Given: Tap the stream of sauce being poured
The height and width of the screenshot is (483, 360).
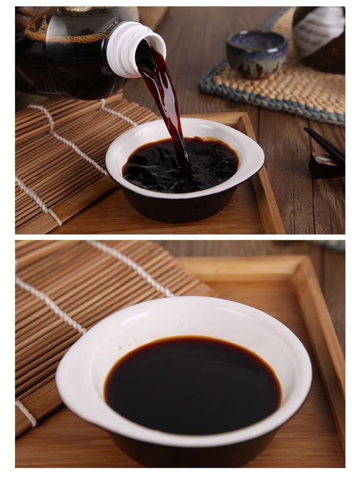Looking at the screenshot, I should (x=166, y=96).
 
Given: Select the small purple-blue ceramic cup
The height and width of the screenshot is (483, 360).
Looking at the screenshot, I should (x=257, y=54).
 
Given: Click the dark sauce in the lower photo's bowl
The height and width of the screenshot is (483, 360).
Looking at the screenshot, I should (x=192, y=384).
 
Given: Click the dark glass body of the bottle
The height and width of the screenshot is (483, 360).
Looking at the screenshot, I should (x=67, y=53).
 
